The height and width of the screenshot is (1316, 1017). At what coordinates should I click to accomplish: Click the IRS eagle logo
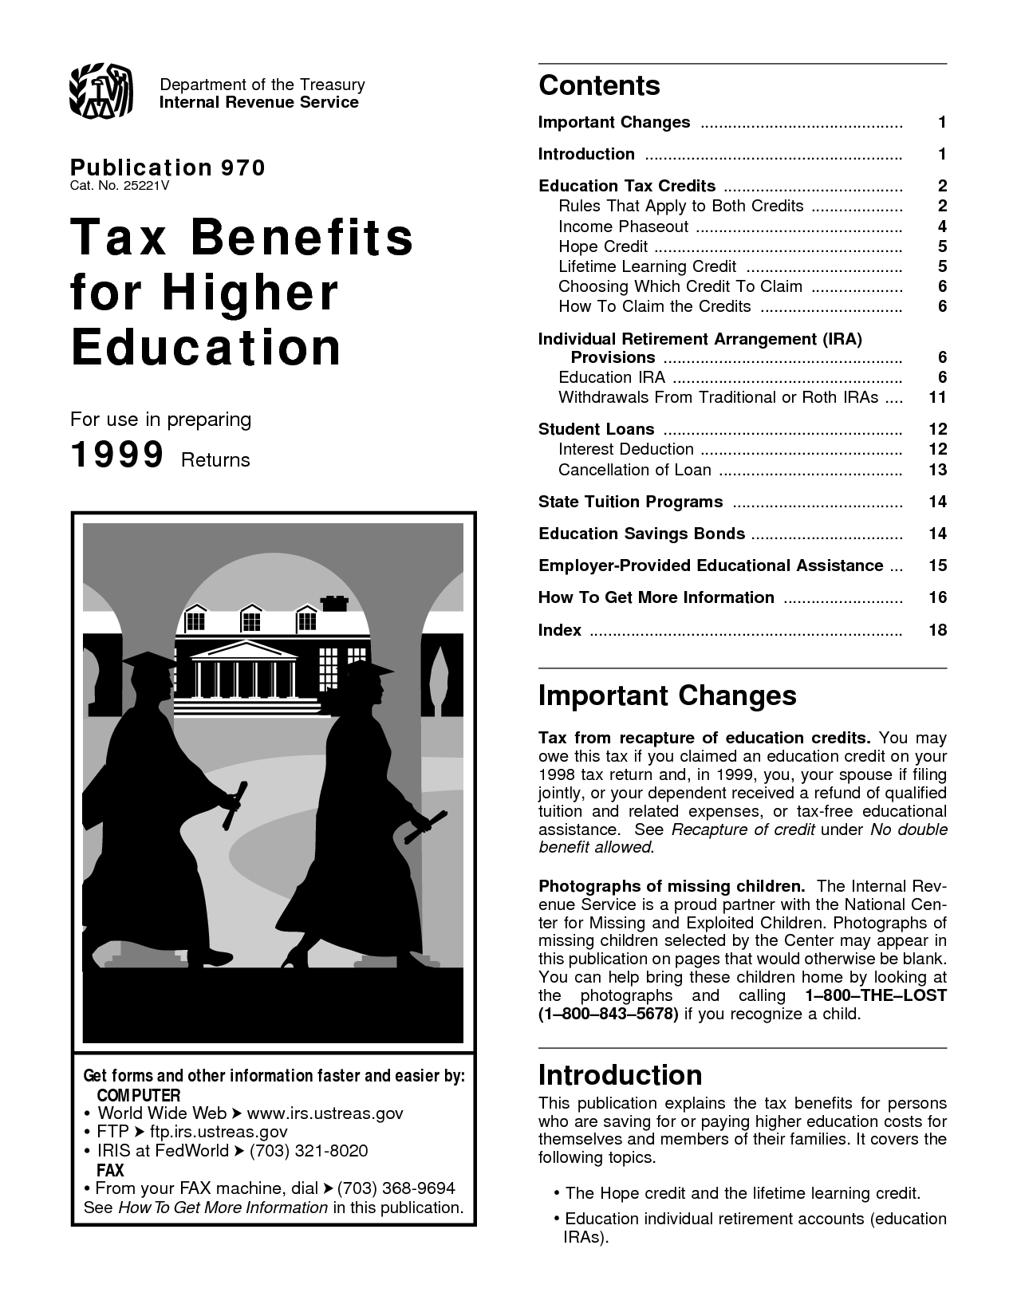coord(101,92)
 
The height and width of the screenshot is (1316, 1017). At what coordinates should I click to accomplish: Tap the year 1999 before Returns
coord(117,455)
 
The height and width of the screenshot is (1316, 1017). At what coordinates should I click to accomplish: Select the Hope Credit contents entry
coord(602,246)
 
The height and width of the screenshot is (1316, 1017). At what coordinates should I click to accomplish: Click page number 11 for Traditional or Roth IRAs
coord(937,397)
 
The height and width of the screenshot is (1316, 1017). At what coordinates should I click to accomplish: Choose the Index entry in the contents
coord(559,630)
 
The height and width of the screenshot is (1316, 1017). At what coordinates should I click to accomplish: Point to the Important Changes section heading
coord(667,695)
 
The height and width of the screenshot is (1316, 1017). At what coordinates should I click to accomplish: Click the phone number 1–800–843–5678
coord(609,1014)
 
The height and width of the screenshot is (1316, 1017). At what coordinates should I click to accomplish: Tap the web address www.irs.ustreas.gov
coord(325,1113)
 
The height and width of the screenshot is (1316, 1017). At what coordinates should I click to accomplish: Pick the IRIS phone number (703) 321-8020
coord(309,1150)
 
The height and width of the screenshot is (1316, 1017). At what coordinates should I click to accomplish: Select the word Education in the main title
coord(206,347)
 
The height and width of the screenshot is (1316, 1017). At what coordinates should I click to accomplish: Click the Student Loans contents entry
coord(596,429)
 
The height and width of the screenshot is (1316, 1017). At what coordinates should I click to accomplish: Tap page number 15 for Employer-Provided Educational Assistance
coord(937,565)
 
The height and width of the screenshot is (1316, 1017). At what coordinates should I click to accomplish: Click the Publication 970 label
coord(168,167)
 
